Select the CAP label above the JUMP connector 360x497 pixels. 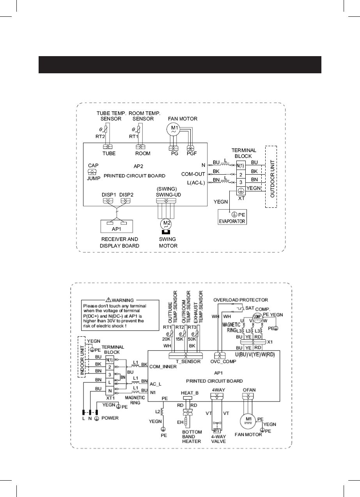point(93,165)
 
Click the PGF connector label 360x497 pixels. point(192,153)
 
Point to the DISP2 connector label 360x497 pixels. point(127,195)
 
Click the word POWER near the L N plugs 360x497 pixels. point(110,418)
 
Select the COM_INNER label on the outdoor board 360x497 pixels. point(161,367)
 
